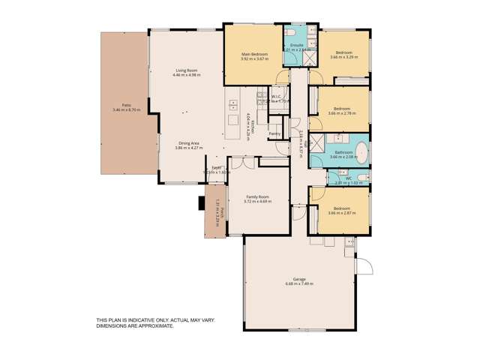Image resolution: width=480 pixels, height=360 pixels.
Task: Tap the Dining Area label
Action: pos(188,142)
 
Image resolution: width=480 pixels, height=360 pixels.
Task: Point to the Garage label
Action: pos(298,279)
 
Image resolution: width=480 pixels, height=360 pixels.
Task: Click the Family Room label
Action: pos(258,196)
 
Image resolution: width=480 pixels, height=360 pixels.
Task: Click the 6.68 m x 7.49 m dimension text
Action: pos(298,284)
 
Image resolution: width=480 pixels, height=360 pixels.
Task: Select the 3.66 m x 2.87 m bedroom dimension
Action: pos(342,213)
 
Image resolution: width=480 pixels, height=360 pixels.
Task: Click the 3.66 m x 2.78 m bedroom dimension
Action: pos(343,112)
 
